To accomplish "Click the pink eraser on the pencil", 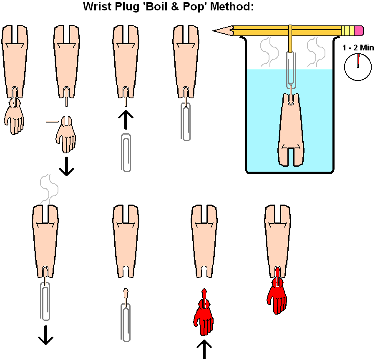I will click(359, 31).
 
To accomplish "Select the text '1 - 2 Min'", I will click(358, 48).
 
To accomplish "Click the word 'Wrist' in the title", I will click(96, 7).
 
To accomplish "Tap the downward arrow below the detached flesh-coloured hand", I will click(66, 167).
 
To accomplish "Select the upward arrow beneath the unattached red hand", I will click(204, 349).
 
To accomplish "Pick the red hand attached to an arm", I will click(277, 294).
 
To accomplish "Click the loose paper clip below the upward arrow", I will click(126, 152).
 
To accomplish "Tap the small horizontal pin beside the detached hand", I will click(52, 122).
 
